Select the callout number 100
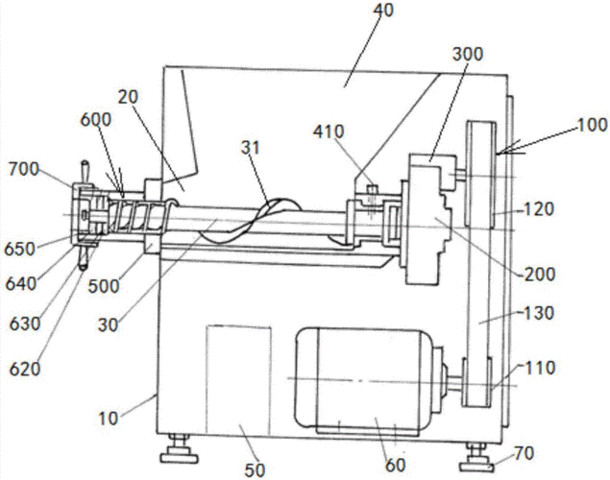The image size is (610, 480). coord(591,126)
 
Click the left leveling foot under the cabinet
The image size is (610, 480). coord(178,449)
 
